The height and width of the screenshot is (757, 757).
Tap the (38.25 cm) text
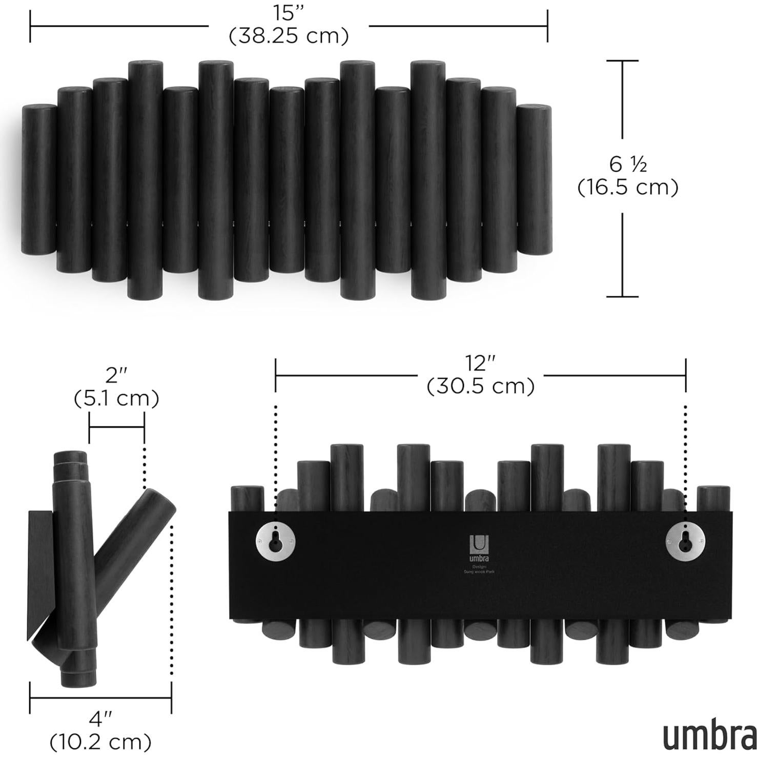tap(289, 36)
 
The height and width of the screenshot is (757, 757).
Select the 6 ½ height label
tap(628, 165)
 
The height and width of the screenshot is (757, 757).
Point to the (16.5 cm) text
tap(628, 188)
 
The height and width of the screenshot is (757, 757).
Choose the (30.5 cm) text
tap(481, 386)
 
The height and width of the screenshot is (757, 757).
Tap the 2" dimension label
tap(116, 376)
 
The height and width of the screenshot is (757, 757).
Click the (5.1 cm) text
tap(116, 398)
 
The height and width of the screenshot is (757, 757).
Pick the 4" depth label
tap(100, 719)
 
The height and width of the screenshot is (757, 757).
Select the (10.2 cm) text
tap(100, 742)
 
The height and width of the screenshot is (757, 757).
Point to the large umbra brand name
tap(709, 736)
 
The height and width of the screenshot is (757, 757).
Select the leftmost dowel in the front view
tap(39, 179)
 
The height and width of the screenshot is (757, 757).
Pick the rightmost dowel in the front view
tap(534, 179)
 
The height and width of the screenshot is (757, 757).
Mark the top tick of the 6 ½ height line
tap(622, 60)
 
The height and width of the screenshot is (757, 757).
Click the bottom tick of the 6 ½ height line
tap(622, 296)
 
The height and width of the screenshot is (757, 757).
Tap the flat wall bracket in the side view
tap(40, 574)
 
